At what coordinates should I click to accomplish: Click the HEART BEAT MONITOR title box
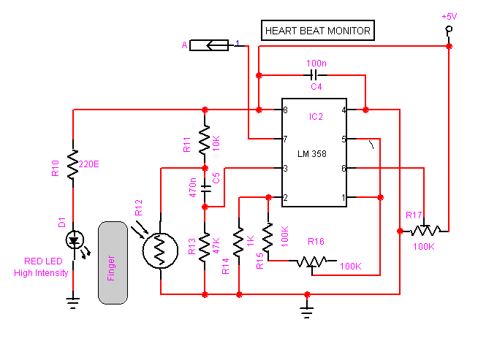pos(317,31)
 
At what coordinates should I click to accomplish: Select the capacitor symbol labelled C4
pos(314,74)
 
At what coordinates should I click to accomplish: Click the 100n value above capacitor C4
pos(316,64)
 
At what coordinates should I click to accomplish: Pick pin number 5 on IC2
pos(343,139)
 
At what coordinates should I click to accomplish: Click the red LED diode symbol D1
pos(73,240)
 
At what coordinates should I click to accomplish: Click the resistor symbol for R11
pos(205,139)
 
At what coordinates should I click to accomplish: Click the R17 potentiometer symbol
pos(426,231)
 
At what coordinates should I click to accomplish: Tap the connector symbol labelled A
pos(210,46)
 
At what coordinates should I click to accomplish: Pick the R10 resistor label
pos(56,168)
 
